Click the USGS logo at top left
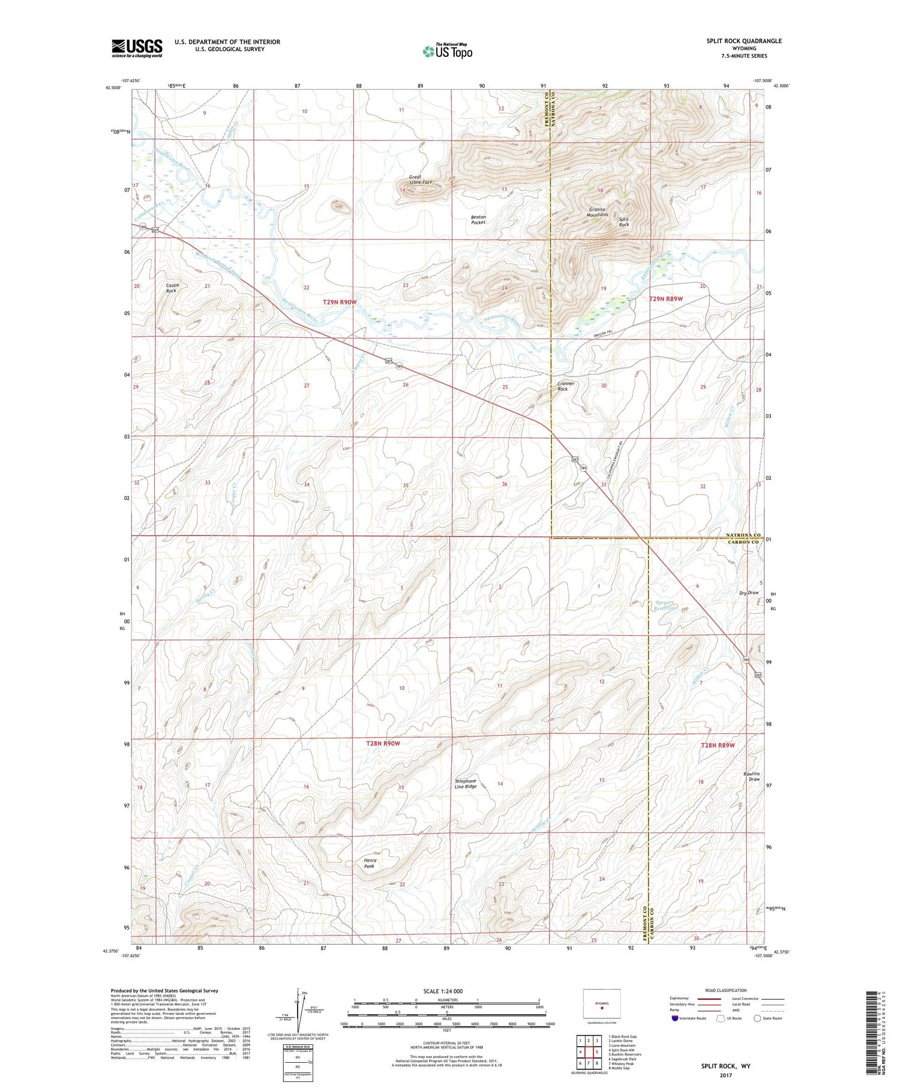[137, 48]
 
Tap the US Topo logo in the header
[447, 52]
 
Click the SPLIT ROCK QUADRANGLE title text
[744, 41]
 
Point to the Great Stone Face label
[420, 179]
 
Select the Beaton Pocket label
[478, 220]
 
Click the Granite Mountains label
[598, 212]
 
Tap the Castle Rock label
[172, 288]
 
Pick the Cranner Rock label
[566, 386]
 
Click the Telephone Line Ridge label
[466, 784]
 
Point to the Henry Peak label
[370, 863]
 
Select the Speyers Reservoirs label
[664, 605]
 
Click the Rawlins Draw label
[752, 776]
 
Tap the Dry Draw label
[749, 593]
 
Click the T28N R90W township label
[383, 743]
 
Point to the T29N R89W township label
[666, 298]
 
